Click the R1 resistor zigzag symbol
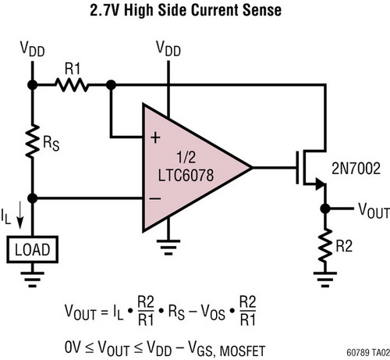72,85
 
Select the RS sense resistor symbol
33,141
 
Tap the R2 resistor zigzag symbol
325,245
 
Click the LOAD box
33,249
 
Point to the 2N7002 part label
356,169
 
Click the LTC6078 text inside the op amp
186,175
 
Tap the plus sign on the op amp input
155,137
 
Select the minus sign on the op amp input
155,198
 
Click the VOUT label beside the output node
374,211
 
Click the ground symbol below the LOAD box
33,280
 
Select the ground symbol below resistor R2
325,280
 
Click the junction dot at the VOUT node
325,209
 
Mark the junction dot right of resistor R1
112,85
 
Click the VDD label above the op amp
168,48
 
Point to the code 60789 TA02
368,352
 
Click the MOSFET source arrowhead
321,184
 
